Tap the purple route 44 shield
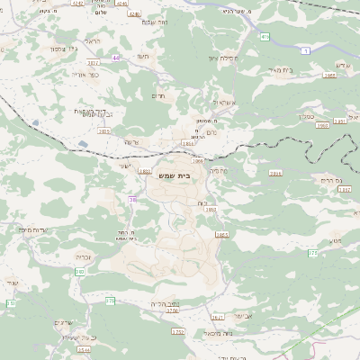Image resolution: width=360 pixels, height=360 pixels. click(115, 57)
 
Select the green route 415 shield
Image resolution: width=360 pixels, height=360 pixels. click(265, 37)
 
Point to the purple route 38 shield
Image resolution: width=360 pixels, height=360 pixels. click(132, 199)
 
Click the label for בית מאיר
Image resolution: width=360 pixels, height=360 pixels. click(280, 68)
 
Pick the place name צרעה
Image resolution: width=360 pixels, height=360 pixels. click(132, 142)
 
